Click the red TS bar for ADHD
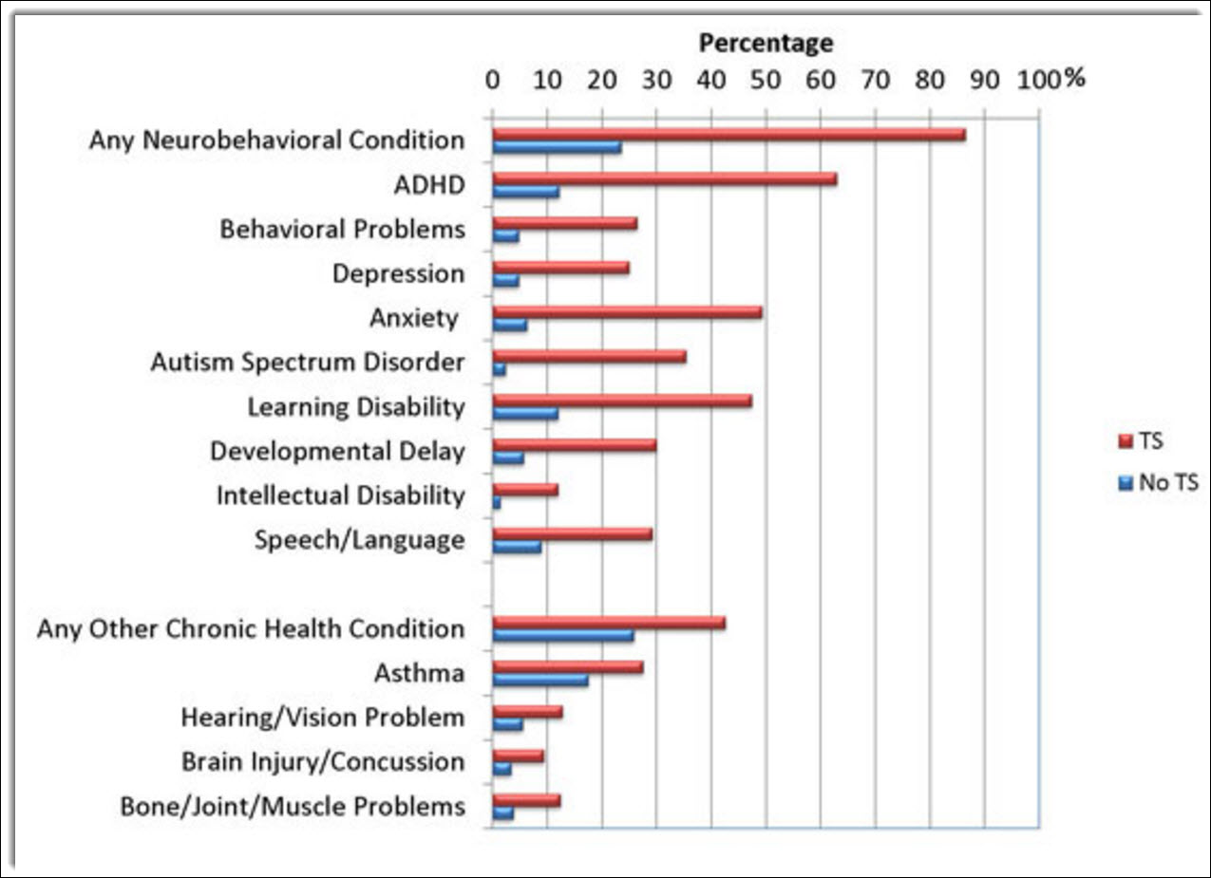click(664, 178)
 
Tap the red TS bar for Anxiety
click(627, 312)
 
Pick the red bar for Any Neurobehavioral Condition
click(728, 135)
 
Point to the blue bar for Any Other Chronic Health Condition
click(562, 636)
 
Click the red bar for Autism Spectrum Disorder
click(589, 357)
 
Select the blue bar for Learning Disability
click(525, 413)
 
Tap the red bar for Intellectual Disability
click(525, 490)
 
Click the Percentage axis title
click(766, 43)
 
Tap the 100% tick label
click(1050, 80)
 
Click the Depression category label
click(398, 274)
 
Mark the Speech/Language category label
click(359, 540)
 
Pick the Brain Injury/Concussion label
click(323, 762)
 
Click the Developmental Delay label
click(337, 451)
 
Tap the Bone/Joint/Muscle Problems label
click(293, 807)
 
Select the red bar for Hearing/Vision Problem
click(527, 712)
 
